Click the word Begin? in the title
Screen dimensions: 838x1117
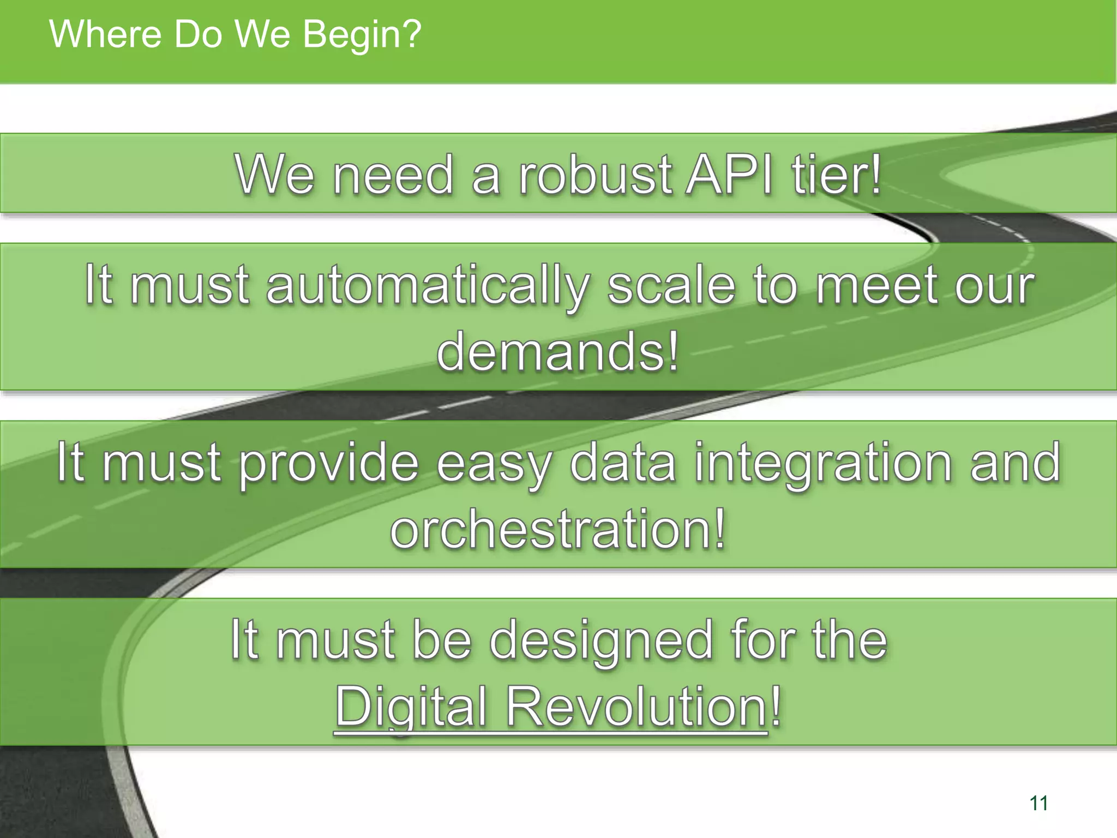coord(362,34)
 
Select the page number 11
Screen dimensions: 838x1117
coord(1038,803)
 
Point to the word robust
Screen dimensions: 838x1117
coord(595,175)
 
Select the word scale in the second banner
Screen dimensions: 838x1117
coord(671,285)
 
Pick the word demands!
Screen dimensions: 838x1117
coord(558,351)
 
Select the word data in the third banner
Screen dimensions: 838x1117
coord(623,463)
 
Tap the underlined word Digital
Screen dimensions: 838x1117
coord(411,708)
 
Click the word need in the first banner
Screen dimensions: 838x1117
coord(393,175)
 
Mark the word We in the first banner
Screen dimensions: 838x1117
coord(275,175)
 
